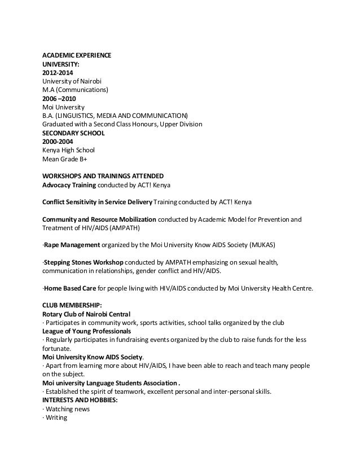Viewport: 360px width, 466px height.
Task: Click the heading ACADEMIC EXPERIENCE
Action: click(77, 55)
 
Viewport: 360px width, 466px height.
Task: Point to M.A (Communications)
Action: click(74, 89)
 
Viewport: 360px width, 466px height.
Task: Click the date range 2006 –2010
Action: click(59, 98)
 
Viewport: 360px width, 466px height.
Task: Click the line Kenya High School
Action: click(68, 150)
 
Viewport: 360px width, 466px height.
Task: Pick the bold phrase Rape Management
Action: click(72, 245)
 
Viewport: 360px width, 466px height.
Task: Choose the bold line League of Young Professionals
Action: click(86, 331)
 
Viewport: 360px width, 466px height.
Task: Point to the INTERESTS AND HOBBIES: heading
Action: click(80, 400)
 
